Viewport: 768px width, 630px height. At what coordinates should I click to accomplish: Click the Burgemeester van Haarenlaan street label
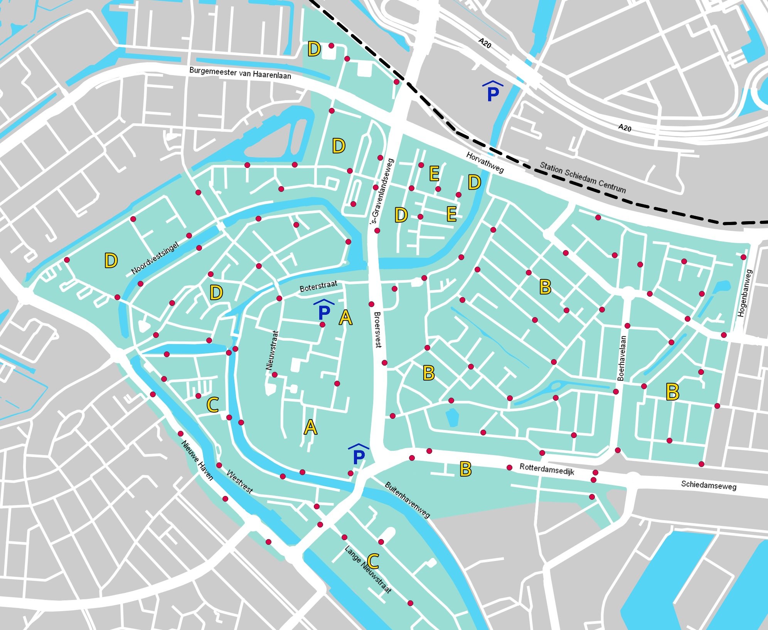[240, 73]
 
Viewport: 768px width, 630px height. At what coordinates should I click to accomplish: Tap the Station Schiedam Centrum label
[582, 178]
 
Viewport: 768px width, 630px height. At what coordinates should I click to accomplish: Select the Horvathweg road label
[485, 163]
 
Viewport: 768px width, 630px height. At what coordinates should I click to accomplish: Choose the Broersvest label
[377, 329]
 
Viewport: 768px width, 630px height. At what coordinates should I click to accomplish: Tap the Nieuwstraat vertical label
[272, 350]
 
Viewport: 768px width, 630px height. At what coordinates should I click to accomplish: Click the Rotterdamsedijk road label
[547, 469]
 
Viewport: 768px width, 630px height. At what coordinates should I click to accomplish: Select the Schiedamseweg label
[708, 486]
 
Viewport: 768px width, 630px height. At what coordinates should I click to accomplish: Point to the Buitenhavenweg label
[407, 500]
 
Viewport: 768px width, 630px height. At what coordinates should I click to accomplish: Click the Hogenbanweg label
[745, 293]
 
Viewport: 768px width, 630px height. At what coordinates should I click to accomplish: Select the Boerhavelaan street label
[621, 358]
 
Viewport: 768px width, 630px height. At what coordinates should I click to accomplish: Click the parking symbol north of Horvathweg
[493, 91]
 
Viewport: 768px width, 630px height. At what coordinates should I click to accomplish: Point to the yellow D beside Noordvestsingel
[111, 261]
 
